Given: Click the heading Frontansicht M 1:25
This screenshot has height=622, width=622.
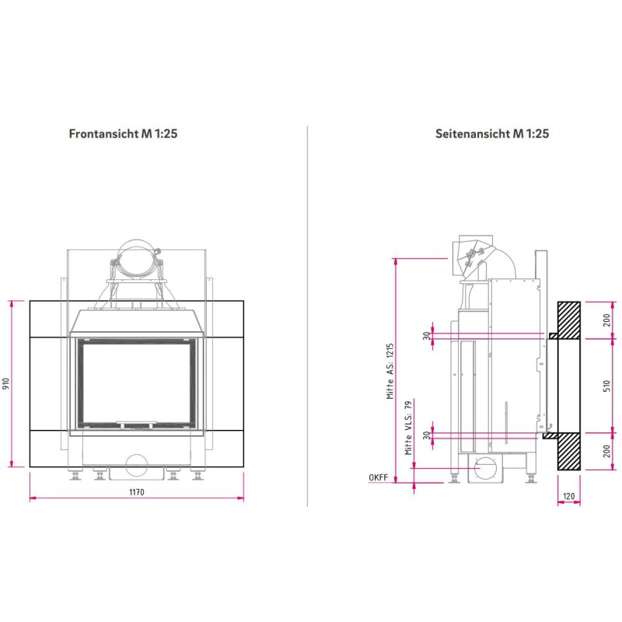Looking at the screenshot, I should coord(124,134).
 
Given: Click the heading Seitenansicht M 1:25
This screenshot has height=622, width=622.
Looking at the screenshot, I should coord(492,134).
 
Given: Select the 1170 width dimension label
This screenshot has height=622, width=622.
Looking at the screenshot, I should coord(137,491).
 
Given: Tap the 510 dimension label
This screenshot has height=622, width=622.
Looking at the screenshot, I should coord(607,386).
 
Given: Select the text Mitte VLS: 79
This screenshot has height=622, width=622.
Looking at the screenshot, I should coord(408,428).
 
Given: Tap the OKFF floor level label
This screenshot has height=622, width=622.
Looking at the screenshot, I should coord(379,477).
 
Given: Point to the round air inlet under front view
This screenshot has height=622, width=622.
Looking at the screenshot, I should coord(137,465).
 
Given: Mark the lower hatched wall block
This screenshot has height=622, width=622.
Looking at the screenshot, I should coord(569,451).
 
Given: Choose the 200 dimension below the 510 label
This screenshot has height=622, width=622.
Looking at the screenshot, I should coord(607,452).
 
